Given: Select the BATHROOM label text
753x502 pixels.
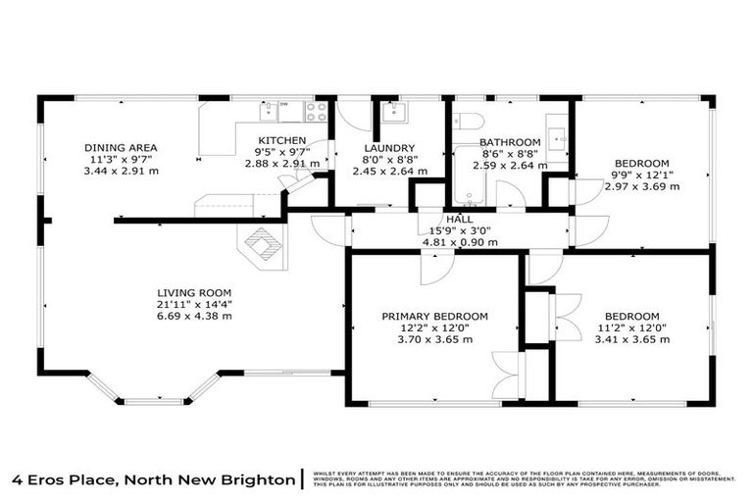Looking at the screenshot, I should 510,141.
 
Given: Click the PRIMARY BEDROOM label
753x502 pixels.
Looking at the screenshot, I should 434,316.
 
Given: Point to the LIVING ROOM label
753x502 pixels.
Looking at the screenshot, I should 194,292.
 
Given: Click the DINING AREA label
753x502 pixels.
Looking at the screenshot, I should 121,148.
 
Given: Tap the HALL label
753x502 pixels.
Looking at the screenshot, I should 459,219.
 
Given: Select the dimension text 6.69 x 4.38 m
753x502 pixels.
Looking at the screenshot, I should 194,316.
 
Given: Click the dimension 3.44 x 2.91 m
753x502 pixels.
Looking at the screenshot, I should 121,171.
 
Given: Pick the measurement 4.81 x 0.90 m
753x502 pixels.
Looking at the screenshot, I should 459,241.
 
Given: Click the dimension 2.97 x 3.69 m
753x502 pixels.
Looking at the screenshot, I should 641,186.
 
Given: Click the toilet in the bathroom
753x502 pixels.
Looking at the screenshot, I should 468,122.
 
